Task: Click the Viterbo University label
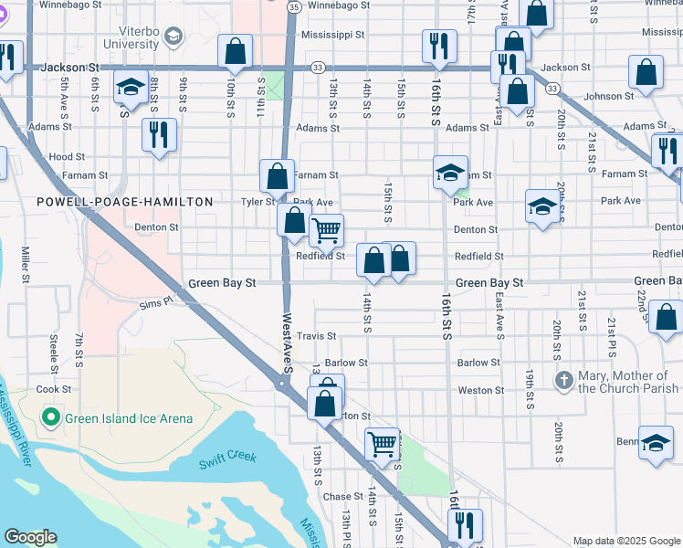click(130, 36)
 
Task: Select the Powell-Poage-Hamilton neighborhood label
click(124, 202)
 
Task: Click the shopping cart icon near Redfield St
click(326, 230)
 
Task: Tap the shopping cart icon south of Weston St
click(383, 444)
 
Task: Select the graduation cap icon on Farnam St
click(450, 172)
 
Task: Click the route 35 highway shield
click(292, 6)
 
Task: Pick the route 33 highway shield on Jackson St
click(317, 67)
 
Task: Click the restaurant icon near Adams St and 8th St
click(160, 134)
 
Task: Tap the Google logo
click(30, 538)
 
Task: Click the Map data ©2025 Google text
click(625, 541)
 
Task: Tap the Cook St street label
click(47, 389)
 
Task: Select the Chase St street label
click(343, 497)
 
